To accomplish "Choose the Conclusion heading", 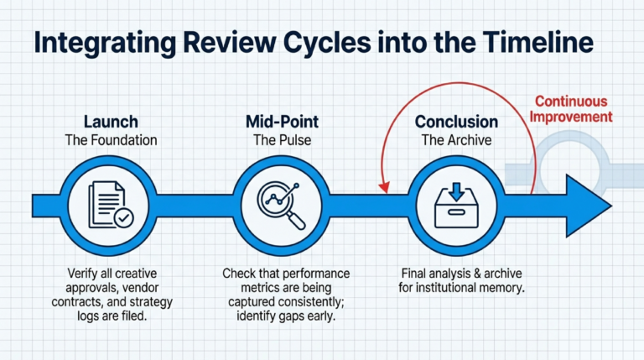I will point(456,123).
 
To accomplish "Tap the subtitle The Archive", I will point(456,141).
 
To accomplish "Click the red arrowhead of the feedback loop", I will point(387,185).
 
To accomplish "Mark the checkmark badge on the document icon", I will point(123,217).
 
